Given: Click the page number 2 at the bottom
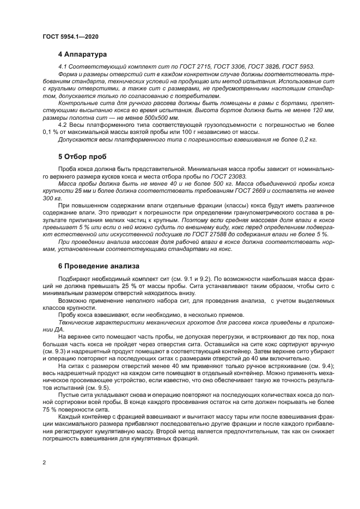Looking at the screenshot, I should [44, 463].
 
